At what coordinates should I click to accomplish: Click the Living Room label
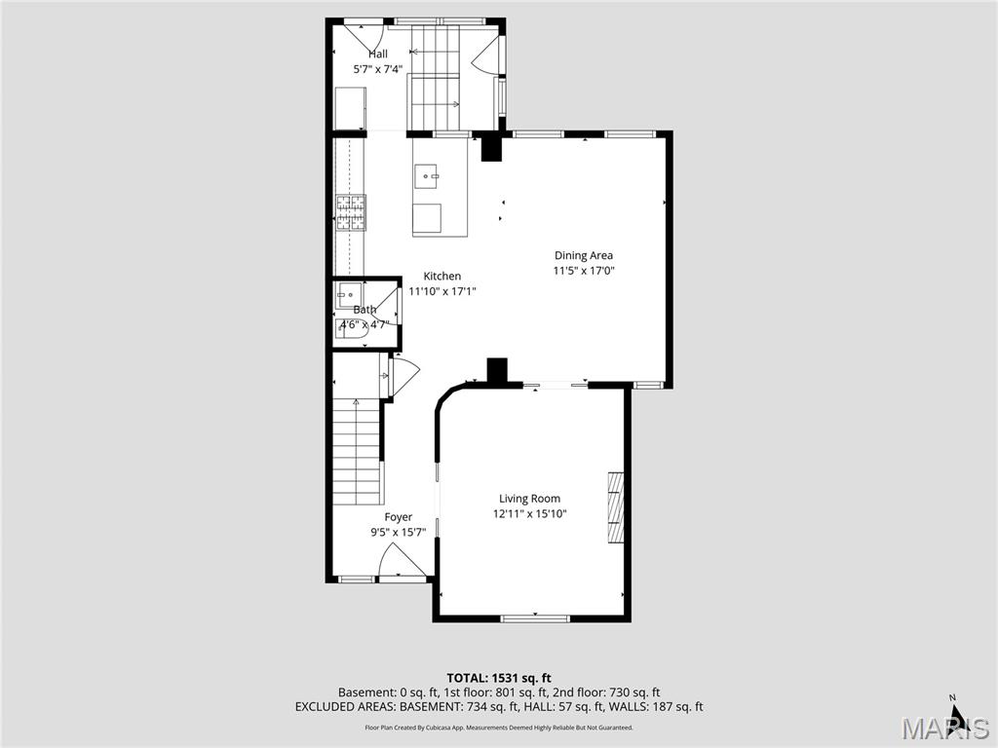pyautogui.click(x=529, y=498)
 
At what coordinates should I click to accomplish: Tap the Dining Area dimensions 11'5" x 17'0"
pyautogui.click(x=584, y=271)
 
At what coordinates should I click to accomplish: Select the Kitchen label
pyautogui.click(x=441, y=276)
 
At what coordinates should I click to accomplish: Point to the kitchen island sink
pyautogui.click(x=427, y=177)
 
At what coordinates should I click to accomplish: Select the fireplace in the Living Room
pyautogui.click(x=615, y=506)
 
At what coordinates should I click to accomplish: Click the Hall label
pyautogui.click(x=377, y=54)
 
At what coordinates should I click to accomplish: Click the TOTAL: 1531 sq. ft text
pyautogui.click(x=499, y=677)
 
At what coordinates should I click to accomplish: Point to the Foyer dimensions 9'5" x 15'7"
pyautogui.click(x=398, y=533)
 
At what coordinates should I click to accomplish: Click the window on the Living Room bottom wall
pyautogui.click(x=534, y=617)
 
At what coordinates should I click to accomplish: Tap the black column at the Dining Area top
pyautogui.click(x=491, y=148)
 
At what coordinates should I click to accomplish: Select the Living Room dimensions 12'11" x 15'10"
pyautogui.click(x=529, y=513)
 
